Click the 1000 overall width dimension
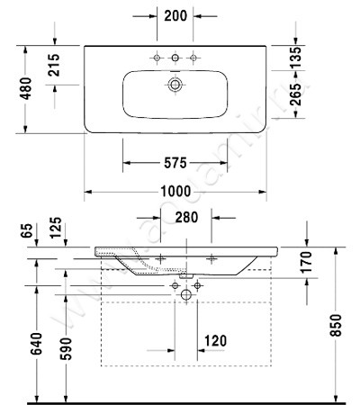175,192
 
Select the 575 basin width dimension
175,163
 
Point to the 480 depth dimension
27,87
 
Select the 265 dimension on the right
295,104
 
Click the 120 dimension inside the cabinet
214,342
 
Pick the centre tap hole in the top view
175,58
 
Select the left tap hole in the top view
157,58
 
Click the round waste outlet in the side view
186,293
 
